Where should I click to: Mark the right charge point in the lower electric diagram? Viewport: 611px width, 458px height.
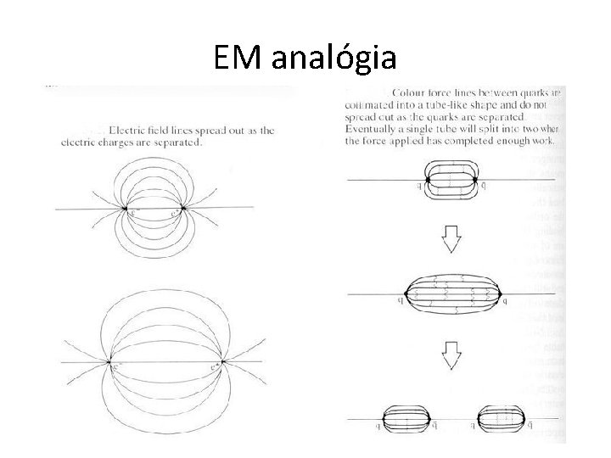tap(219, 363)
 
